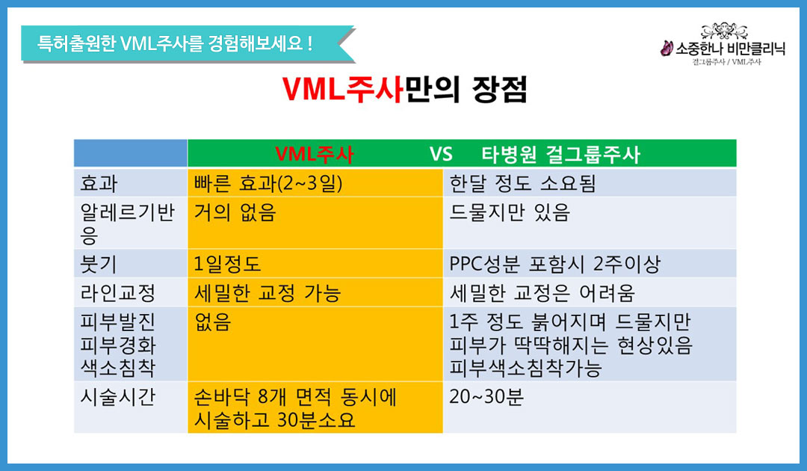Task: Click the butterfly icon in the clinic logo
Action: click(x=667, y=49)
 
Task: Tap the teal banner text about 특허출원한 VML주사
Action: click(x=174, y=43)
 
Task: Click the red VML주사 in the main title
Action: click(x=342, y=90)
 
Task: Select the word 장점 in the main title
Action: click(x=500, y=90)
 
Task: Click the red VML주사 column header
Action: click(x=315, y=154)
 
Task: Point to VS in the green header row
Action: click(x=441, y=154)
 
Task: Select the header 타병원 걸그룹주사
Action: click(x=560, y=154)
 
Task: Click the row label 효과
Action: click(x=99, y=183)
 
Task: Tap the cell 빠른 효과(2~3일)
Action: click(x=268, y=183)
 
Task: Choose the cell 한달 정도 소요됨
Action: click(x=522, y=183)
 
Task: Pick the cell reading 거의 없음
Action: click(x=235, y=212)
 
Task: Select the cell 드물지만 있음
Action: click(x=510, y=212)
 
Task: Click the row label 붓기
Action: click(x=99, y=264)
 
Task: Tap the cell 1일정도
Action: click(x=227, y=264)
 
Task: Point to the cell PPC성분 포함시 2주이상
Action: click(x=554, y=264)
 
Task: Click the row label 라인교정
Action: click(x=118, y=293)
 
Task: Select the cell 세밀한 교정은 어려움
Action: click(x=542, y=293)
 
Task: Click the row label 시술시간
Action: click(x=118, y=397)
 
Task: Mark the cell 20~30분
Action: click(x=486, y=397)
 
